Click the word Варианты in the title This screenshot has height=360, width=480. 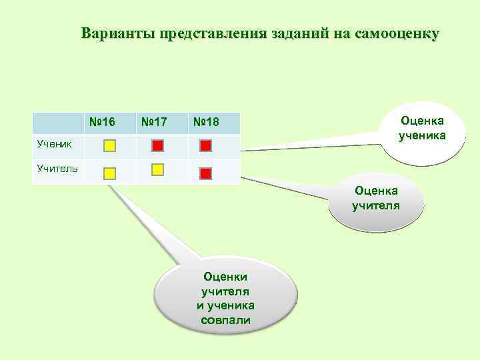tap(117, 33)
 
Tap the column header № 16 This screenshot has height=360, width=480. tap(102, 122)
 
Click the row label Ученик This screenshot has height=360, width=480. tap(51, 142)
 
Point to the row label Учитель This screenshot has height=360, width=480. tap(57, 167)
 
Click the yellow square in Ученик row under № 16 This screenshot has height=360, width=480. tap(110, 145)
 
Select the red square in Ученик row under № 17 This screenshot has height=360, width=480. tap(157, 145)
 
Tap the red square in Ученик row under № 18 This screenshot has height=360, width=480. tap(205, 145)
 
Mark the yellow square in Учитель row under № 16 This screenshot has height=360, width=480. tap(110, 173)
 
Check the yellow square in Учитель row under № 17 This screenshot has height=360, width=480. tap(157, 169)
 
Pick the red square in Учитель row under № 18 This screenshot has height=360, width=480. tap(205, 173)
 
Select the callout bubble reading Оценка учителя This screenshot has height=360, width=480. tap(377, 199)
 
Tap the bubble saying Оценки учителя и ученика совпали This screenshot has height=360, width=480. tap(225, 298)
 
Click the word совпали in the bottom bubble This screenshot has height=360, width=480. tap(225, 320)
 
